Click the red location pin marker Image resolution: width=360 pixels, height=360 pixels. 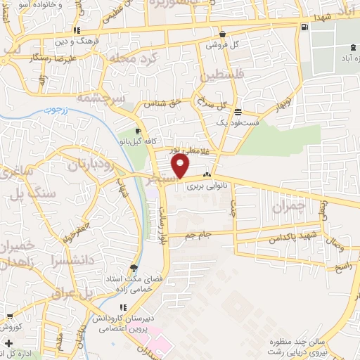pyautogui.click(x=181, y=166)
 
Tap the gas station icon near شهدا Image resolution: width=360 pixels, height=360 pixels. pyautogui.click(x=304, y=27)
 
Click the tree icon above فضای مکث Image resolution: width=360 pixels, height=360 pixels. pyautogui.click(x=134, y=267)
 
